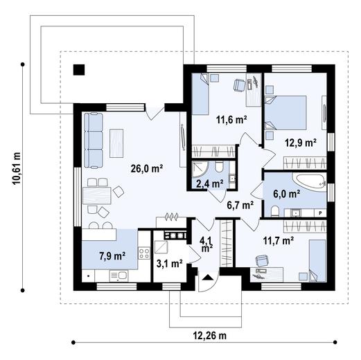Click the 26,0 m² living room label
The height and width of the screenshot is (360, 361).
pos(147,168)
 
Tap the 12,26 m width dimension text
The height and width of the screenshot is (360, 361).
pos(209,335)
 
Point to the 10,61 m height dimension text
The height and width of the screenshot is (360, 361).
pos(17,168)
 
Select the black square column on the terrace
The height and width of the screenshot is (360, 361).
pos(79,70)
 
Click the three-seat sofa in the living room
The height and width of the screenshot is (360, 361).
pos(93,141)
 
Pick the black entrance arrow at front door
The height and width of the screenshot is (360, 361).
pos(209,277)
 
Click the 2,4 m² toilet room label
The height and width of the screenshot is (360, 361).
pos(209,183)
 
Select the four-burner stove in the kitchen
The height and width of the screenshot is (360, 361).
pos(144,253)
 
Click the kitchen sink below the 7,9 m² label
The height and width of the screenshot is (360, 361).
pos(118,276)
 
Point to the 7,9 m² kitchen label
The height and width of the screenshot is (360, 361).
pos(112,256)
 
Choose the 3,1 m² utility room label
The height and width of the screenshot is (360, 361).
pos(170,263)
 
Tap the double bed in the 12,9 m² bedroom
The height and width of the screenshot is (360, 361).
pos(285,112)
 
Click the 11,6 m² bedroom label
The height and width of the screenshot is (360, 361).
pos(231,120)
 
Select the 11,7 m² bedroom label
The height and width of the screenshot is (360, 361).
pos(279,241)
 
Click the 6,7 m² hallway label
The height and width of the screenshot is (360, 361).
pos(240,205)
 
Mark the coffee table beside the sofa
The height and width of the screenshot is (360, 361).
pos(116,143)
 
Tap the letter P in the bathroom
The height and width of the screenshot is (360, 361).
pos(320,213)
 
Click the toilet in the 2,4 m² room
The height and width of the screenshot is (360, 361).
pos(219,167)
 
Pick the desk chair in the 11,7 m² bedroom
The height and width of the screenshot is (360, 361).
pos(262,260)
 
